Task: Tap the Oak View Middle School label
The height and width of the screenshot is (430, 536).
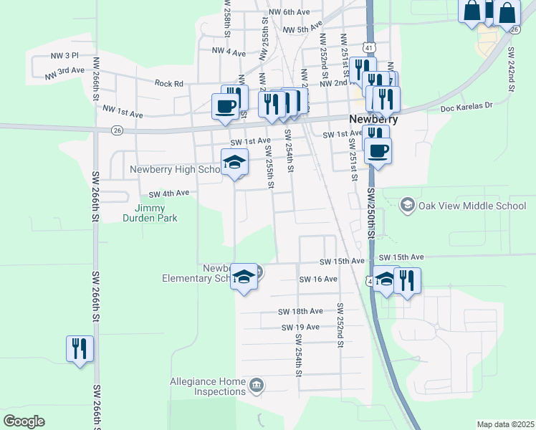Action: click(472, 206)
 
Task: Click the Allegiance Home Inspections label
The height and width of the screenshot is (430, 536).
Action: click(208, 387)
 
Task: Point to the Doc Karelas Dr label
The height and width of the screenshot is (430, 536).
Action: click(466, 106)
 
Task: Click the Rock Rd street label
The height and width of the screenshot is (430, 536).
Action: click(169, 83)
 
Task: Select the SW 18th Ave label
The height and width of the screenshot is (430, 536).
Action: click(302, 312)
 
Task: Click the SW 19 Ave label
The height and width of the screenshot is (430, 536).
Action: click(300, 327)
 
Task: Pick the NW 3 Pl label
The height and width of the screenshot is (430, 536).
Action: click(64, 55)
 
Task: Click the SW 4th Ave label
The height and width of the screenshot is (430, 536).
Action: click(168, 193)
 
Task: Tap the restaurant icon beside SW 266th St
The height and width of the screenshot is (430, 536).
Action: click(79, 349)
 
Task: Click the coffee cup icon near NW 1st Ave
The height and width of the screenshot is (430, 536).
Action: click(225, 107)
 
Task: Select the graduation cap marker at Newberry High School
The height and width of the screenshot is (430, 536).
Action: click(234, 163)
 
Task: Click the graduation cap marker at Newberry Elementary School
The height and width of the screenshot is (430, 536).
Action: click(244, 277)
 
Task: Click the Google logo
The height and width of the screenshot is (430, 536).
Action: click(24, 421)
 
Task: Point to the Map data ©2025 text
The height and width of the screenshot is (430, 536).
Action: click(505, 424)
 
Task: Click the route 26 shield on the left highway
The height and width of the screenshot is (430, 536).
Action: click(117, 130)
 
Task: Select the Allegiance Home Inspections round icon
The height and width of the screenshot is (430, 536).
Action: click(257, 387)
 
